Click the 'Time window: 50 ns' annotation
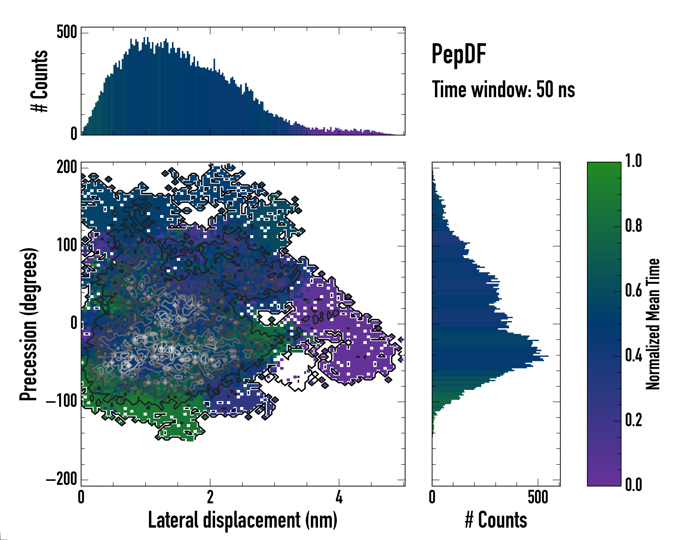coord(503,90)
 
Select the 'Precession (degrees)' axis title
coord(29,324)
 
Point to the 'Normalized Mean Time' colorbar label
coord(653,324)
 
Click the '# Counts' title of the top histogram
coord(39,81)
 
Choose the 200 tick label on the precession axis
coord(67,167)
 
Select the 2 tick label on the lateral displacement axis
coord(210,497)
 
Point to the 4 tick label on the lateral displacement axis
coord(339,497)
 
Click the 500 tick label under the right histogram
coord(538,497)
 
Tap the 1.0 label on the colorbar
coord(633,161)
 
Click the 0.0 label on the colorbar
coord(633,485)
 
